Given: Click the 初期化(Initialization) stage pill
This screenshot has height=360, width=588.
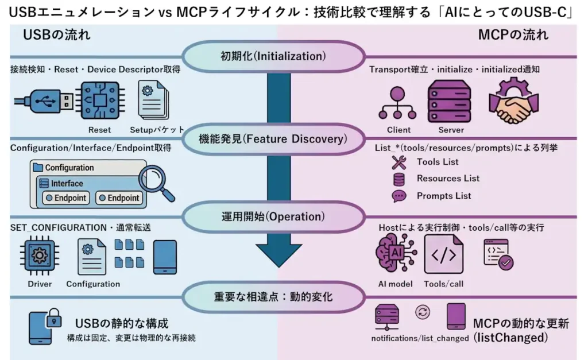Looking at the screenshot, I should (x=273, y=57).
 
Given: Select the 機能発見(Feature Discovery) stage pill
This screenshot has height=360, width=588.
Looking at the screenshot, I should (x=273, y=139).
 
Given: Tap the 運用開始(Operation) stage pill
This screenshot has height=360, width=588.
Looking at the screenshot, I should (x=273, y=217).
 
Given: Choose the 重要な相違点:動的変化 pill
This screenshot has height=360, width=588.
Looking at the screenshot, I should (x=273, y=297).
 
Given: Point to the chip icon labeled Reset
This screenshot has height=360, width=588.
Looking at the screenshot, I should (x=99, y=101).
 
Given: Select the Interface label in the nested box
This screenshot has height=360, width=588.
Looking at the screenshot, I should (x=67, y=184).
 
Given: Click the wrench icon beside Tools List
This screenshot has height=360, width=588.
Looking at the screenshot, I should (x=399, y=162).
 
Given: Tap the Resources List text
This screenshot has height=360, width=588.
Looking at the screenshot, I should (x=448, y=179).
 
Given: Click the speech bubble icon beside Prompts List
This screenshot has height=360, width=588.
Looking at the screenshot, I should (x=399, y=196).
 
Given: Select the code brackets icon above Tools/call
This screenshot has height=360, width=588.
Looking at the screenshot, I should (x=443, y=254).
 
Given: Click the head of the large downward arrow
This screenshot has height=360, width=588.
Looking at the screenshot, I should (x=278, y=250).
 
